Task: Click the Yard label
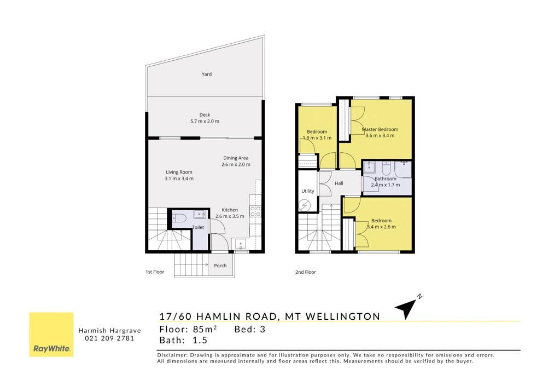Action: point(206,74)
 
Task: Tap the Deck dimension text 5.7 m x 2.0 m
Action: point(205,121)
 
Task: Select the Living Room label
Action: point(179,172)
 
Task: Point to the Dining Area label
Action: point(236,158)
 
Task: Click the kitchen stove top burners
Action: point(255,211)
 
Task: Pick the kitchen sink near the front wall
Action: point(241,244)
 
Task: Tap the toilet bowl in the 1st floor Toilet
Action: point(179,218)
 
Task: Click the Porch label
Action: point(220,266)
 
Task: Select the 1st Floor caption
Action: point(155,272)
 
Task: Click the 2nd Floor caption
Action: point(305,272)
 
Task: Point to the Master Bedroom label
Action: point(380,129)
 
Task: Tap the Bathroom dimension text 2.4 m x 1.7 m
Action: point(386,185)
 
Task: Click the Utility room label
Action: point(307,191)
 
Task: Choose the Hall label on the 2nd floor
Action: point(339,183)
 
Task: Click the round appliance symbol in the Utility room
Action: point(305,205)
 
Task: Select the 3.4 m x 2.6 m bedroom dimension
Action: point(381,227)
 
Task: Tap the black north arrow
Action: point(407,308)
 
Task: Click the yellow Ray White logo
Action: point(51,335)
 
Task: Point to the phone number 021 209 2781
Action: point(109,338)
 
